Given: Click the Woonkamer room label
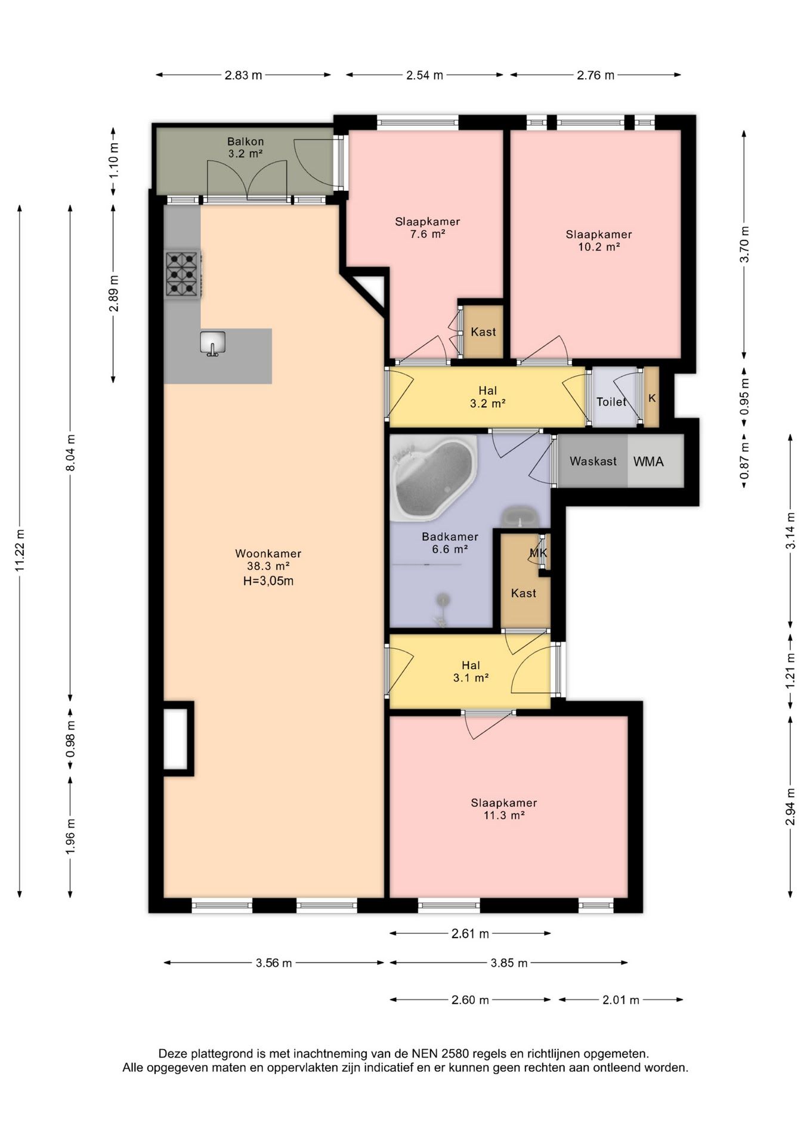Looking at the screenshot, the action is [x=268, y=553].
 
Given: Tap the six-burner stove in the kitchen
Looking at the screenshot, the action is [x=183, y=274].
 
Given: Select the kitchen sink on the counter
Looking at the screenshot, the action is [x=212, y=343].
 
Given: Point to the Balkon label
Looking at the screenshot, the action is [x=245, y=141].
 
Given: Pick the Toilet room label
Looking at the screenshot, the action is [x=611, y=402].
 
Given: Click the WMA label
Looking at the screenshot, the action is [x=648, y=462].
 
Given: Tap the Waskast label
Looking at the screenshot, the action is [x=593, y=461].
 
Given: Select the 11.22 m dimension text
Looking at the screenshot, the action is [x=20, y=550].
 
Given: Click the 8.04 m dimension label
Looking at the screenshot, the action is [x=70, y=453].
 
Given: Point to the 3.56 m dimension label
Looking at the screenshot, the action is [x=274, y=963].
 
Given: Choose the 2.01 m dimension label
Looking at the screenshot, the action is [x=621, y=999].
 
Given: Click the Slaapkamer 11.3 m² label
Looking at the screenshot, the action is [x=504, y=809].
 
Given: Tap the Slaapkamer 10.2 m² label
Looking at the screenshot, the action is [x=599, y=240].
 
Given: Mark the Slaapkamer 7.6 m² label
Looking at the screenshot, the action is [x=428, y=228].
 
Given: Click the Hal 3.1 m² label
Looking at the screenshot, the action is [x=471, y=671].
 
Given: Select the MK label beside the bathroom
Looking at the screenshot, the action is [x=538, y=553].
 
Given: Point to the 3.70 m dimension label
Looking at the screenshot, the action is [x=744, y=245].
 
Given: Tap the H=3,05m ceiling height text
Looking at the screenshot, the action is [x=268, y=581].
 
